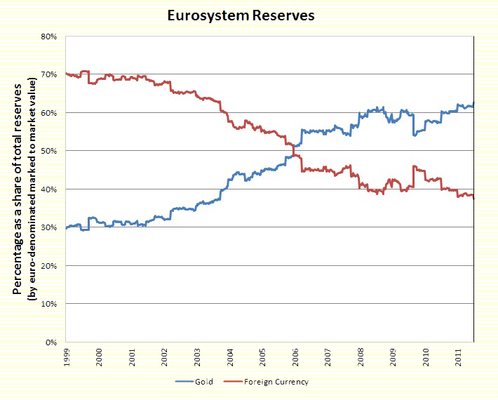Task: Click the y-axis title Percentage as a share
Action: (16, 189)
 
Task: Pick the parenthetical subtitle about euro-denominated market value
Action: (30, 189)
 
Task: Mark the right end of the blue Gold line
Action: (474, 104)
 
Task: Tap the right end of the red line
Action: (474, 199)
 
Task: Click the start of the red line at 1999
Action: (66, 74)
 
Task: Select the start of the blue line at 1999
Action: (66, 228)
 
